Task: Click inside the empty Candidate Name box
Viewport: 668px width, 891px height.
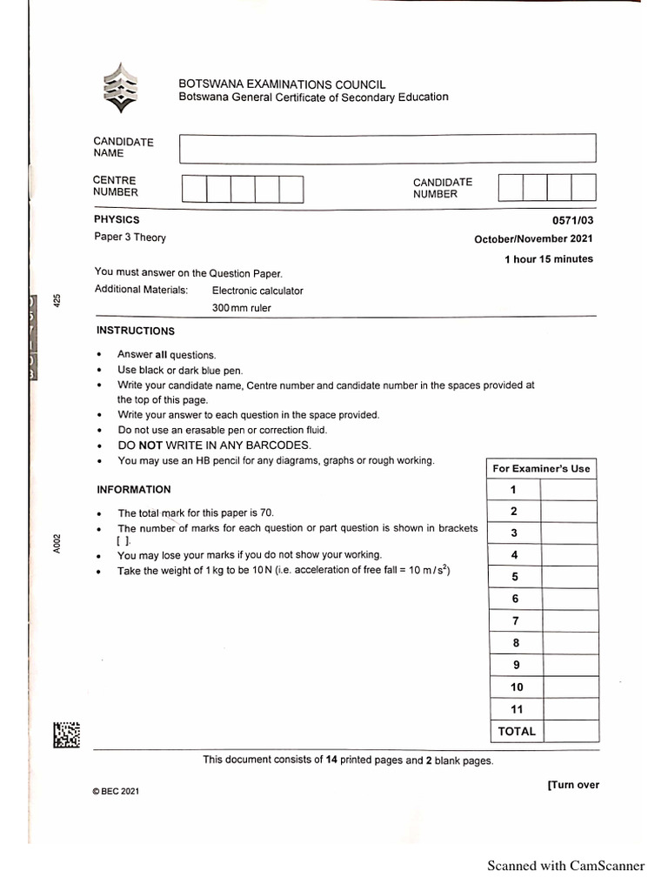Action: [x=387, y=148]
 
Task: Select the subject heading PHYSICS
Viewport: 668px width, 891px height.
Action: [x=117, y=220]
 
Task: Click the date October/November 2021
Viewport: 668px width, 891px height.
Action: [x=533, y=239]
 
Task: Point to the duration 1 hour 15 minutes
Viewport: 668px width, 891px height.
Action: [x=549, y=259]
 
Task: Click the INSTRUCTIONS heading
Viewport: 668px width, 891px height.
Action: [x=135, y=332]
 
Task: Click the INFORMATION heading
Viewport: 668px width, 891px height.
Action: [x=134, y=490]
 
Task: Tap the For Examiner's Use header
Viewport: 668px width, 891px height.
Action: [x=541, y=468]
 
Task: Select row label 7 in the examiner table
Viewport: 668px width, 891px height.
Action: [x=515, y=621]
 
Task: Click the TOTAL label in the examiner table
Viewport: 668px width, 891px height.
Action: [x=516, y=732]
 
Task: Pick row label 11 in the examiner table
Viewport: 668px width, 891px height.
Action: [x=516, y=709]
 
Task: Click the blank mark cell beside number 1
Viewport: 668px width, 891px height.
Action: [x=568, y=490]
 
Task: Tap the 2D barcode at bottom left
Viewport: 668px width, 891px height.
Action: [x=67, y=735]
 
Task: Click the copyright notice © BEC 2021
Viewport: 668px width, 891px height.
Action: [x=116, y=792]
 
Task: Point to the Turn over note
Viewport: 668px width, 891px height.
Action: [x=573, y=785]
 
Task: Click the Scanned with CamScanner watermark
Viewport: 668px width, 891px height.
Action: [x=565, y=865]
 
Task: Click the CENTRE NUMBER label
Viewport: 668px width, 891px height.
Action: [x=116, y=186]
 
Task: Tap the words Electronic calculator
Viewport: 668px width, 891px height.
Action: [x=257, y=291]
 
